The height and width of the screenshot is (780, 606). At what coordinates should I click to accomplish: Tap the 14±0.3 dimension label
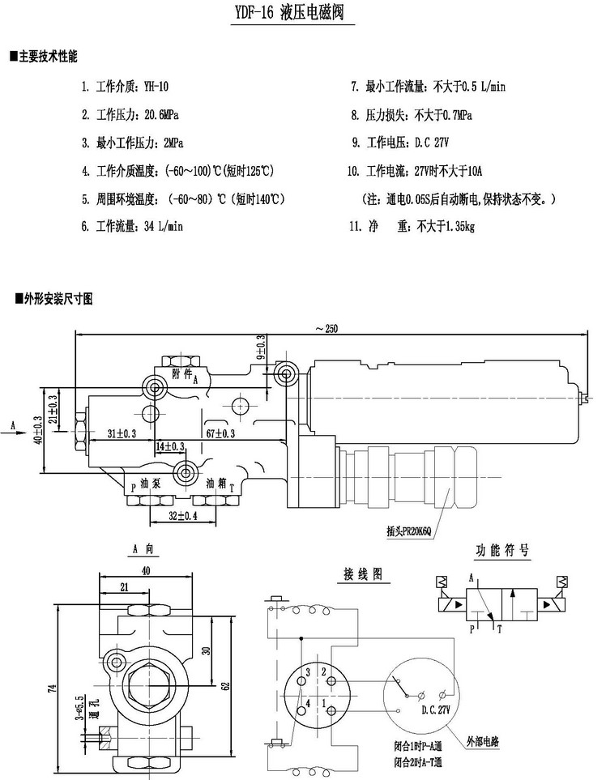coord(170,446)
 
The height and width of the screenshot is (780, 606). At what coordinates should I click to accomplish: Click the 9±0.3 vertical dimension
coord(261,348)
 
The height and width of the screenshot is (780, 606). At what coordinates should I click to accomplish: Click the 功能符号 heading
coord(501,551)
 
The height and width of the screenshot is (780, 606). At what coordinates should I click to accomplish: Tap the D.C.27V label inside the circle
coord(435,710)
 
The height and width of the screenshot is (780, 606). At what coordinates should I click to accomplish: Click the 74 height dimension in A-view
coord(53,688)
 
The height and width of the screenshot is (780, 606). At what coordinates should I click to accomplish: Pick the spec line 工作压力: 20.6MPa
coord(134,115)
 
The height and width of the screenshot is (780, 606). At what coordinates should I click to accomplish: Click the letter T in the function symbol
coord(499,628)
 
